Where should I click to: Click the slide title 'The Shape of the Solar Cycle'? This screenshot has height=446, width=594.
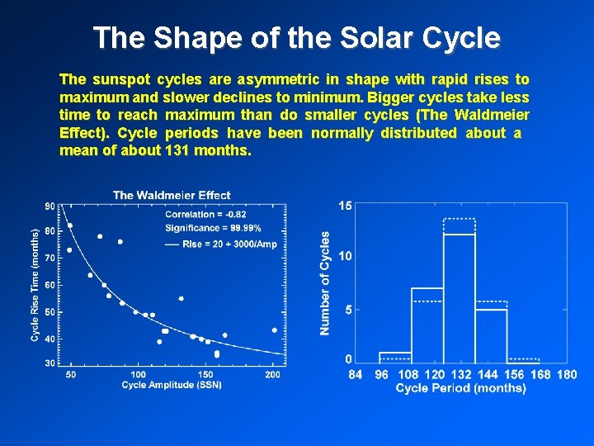(296, 37)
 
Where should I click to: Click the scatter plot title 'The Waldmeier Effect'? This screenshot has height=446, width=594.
(172, 195)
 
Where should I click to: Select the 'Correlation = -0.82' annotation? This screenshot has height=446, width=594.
(200, 215)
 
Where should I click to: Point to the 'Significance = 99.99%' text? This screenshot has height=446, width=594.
(213, 228)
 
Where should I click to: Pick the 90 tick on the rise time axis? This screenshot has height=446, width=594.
(49, 206)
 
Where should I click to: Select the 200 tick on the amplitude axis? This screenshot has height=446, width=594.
(272, 375)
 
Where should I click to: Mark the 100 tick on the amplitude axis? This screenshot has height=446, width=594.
(139, 375)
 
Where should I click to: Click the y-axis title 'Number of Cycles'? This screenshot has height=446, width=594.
(325, 283)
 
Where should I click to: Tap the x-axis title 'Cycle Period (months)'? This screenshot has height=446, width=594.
(460, 388)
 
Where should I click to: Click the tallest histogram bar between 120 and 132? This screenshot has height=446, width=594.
(460, 297)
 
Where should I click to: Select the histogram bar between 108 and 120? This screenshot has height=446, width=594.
(427, 326)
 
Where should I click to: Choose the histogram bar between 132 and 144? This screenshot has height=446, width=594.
(491, 334)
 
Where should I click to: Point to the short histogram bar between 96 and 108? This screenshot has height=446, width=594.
(395, 357)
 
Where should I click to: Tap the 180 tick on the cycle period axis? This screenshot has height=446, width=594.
(567, 375)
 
